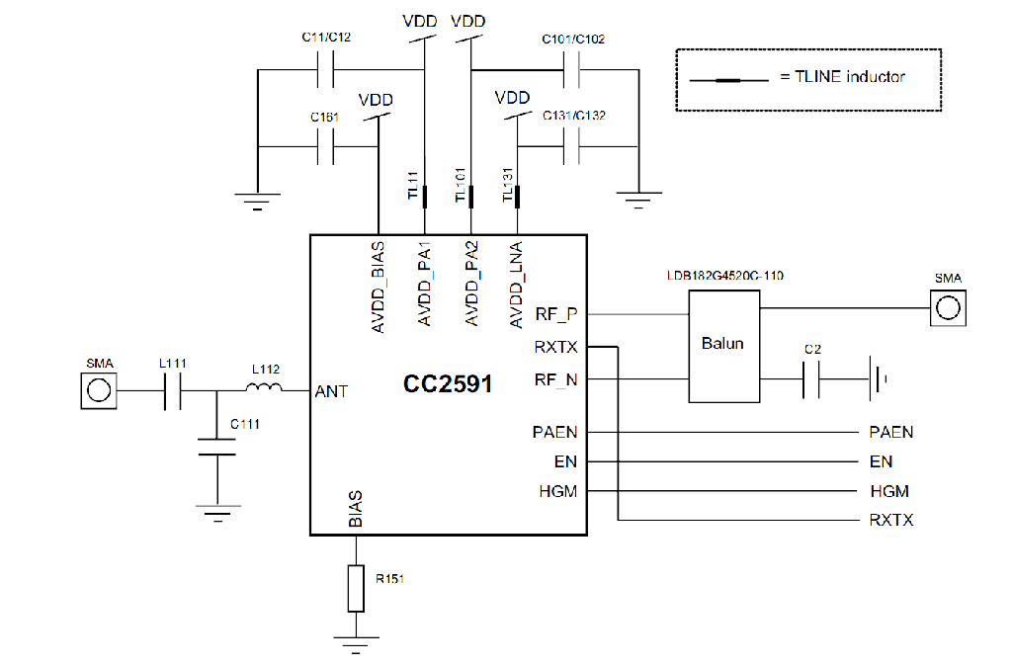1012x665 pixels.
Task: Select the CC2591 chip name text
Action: (447, 382)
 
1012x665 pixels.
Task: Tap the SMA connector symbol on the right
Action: (948, 307)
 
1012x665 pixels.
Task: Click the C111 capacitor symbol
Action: (217, 447)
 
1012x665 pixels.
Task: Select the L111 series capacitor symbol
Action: (171, 390)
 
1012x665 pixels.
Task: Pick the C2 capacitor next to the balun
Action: (811, 379)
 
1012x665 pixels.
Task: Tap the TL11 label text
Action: (413, 185)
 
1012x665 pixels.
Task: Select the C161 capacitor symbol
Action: (327, 148)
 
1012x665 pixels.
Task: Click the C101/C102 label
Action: (573, 40)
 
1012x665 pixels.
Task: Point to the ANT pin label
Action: (331, 391)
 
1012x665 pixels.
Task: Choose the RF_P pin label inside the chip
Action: (556, 314)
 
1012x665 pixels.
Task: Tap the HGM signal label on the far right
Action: (888, 490)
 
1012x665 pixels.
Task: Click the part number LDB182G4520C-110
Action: (726, 277)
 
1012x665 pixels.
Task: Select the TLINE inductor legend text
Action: (842, 76)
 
